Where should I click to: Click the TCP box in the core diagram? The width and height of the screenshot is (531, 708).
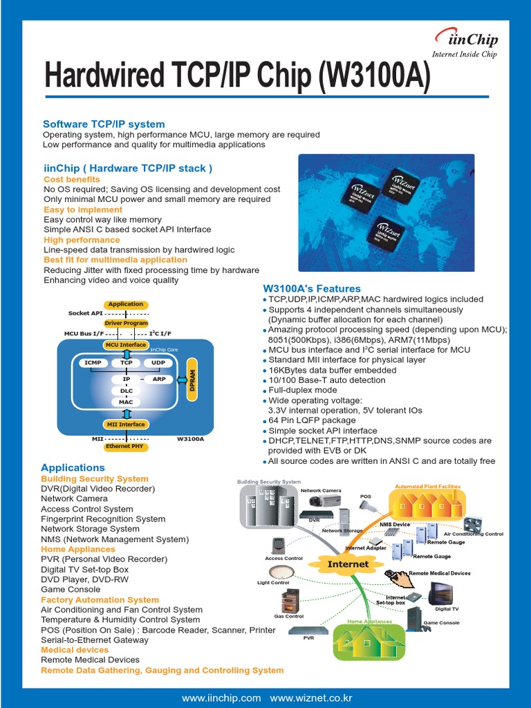[x=127, y=362]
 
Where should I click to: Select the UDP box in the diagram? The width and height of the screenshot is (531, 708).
[x=159, y=362]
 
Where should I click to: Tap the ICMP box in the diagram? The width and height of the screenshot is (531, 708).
[x=93, y=362]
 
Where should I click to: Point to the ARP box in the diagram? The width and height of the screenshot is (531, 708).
[x=159, y=379]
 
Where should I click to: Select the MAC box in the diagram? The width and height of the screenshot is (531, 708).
[x=126, y=402]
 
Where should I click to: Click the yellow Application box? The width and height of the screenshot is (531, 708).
[x=126, y=304]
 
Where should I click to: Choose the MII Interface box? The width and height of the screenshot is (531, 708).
[x=126, y=425]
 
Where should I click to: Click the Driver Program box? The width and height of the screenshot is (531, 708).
[x=126, y=323]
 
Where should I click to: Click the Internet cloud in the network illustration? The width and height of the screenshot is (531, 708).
[x=348, y=564]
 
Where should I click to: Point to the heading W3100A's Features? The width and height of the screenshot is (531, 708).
[x=312, y=288]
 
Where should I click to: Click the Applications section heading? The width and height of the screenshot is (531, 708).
[x=73, y=467]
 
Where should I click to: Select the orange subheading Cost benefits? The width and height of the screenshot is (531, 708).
[x=72, y=179]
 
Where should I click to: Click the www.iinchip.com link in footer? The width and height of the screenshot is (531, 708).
[x=221, y=698]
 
